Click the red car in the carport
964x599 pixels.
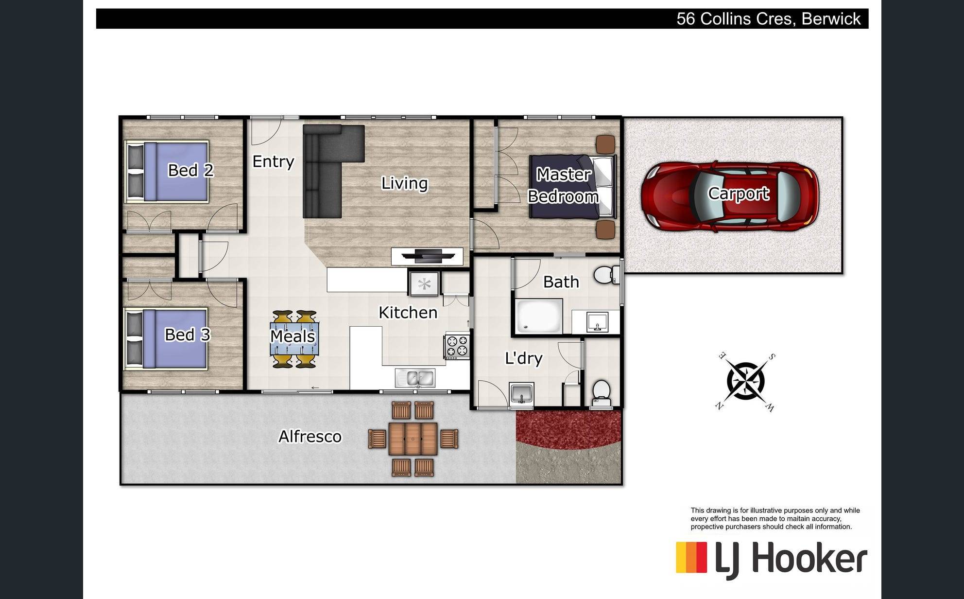tap(730, 196)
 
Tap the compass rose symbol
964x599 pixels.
tap(746, 382)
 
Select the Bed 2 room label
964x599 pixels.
tap(190, 170)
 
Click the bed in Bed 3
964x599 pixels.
tap(166, 338)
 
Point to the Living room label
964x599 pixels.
tap(404, 183)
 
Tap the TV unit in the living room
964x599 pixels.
tap(427, 256)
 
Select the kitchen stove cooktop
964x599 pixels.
tap(457, 346)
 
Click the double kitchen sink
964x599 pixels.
tap(415, 378)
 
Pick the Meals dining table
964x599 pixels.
tap(294, 339)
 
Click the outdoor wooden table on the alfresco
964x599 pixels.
tap(413, 439)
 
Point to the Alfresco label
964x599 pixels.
tap(310, 437)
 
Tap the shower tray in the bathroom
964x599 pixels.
tap(538, 317)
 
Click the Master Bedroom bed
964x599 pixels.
tap(573, 187)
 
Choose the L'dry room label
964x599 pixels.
tap(524, 358)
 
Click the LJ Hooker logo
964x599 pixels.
tap(772, 560)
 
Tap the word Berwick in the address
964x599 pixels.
tap(831, 19)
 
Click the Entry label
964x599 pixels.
tap(273, 161)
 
